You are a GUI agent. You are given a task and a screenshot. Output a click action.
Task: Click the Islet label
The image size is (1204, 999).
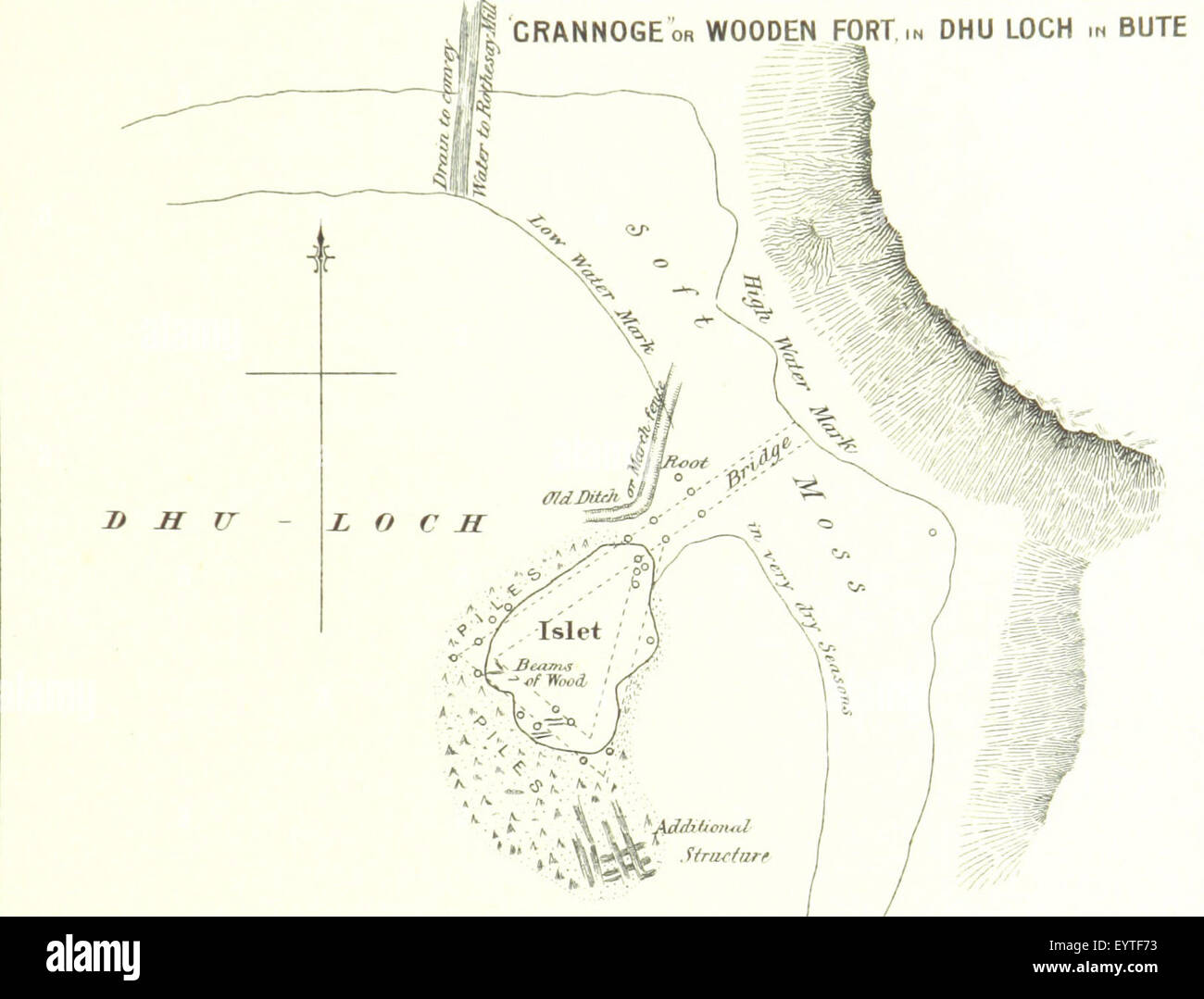point(570,631)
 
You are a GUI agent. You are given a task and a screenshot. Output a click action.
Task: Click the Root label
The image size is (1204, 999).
point(689,460)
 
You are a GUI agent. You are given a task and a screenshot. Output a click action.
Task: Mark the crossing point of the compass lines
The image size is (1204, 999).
point(321,373)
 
